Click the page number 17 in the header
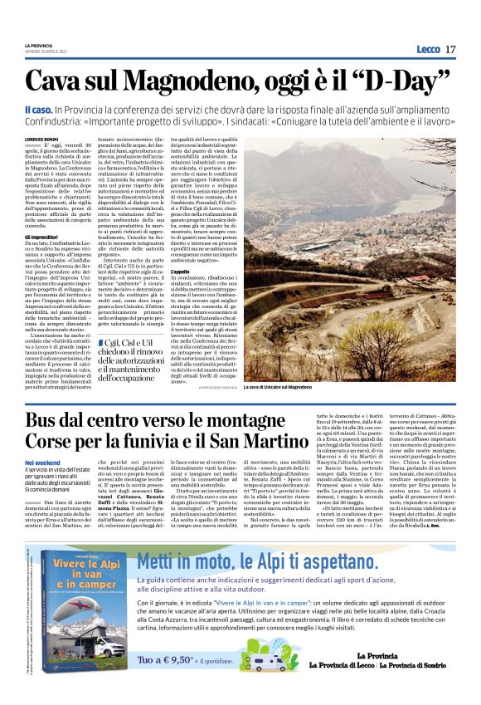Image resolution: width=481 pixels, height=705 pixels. pyautogui.click(x=450, y=50)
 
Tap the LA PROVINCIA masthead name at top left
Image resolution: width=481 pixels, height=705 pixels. pyautogui.click(x=39, y=47)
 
